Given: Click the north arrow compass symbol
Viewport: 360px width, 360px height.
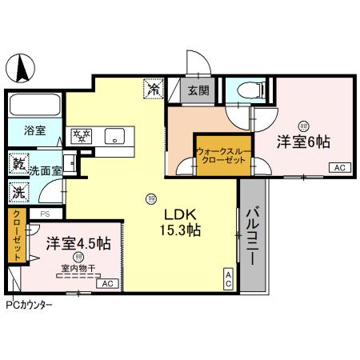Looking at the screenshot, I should tap(23, 68).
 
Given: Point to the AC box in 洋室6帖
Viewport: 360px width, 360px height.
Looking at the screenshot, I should tap(338, 168).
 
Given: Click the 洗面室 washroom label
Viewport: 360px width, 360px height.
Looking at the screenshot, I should tap(45, 170).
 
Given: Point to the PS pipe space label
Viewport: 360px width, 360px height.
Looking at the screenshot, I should tap(45, 214).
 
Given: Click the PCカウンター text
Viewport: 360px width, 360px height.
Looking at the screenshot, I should tap(30, 305).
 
